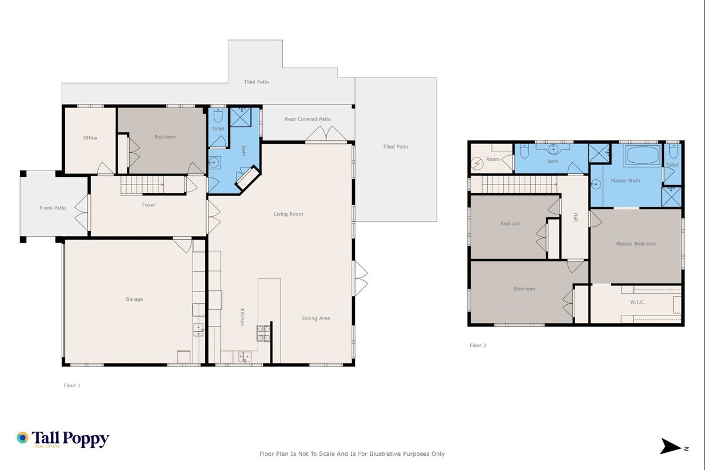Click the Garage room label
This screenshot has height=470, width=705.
pyautogui.click(x=134, y=299)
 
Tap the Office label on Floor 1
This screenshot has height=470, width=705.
pyautogui.click(x=90, y=137)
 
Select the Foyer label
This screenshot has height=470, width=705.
pyautogui.click(x=149, y=205)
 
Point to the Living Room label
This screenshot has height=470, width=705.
pyautogui.click(x=288, y=214)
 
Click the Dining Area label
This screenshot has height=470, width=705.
pyautogui.click(x=316, y=318)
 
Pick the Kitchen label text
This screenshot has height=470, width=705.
pyautogui.click(x=242, y=317)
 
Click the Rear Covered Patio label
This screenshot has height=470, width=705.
pyautogui.click(x=308, y=119)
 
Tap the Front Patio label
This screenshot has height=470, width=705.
pyautogui.click(x=53, y=207)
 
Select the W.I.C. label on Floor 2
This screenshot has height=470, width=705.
pyautogui.click(x=637, y=302)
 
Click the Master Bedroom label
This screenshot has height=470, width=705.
pyautogui.click(x=636, y=243)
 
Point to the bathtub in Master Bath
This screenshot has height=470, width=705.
pyautogui.click(x=642, y=155)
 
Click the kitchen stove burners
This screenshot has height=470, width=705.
pyautogui.click(x=264, y=333)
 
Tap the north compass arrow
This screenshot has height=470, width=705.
pyautogui.click(x=670, y=446)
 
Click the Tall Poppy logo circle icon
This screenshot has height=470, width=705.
pyautogui.click(x=23, y=438)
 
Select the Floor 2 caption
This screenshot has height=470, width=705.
pyautogui.click(x=478, y=345)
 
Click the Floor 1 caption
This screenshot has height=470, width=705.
pyautogui.click(x=72, y=385)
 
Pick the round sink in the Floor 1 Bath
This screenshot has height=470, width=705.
pyautogui.click(x=214, y=163)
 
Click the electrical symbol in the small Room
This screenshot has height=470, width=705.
pyautogui.click(x=477, y=164)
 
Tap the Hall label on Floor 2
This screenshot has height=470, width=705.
pyautogui.click(x=576, y=217)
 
